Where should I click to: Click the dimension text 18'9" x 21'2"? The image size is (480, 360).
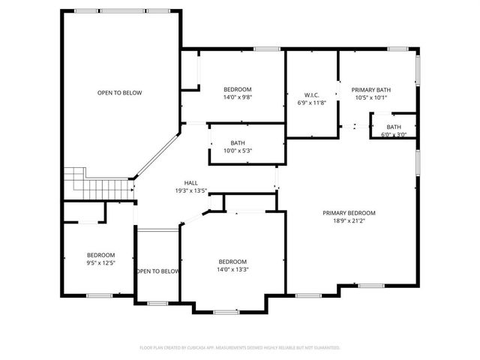coord(349,221)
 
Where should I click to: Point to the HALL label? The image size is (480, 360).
coord(191,183)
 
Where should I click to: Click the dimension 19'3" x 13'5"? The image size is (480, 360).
coord(191,190)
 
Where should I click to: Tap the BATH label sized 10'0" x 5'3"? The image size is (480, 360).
coord(238,142)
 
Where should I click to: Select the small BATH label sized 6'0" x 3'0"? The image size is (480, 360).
coord(394,127)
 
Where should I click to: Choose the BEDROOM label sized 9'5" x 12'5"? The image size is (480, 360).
coord(100,254)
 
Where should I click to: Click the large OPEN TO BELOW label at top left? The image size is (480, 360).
coord(119,93)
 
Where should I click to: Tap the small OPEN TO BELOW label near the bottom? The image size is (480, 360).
coord(158,271)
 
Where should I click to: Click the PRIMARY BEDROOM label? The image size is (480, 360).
coord(349,213)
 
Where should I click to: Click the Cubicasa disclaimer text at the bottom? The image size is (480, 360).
coord(240,347)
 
